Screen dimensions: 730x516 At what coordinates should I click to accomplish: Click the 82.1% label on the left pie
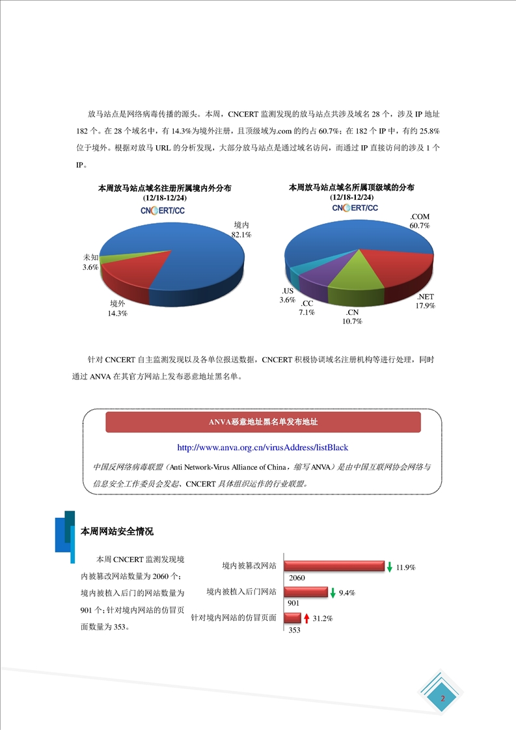241,234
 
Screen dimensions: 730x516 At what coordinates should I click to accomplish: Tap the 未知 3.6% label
90,262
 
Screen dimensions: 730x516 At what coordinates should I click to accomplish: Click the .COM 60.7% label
419,221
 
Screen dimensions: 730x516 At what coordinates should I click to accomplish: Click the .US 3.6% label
288,295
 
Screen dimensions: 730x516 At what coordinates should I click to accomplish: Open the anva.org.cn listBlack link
262,448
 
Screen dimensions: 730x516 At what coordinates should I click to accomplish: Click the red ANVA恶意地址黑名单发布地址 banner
263,422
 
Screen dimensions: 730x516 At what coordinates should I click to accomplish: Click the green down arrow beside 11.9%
389,567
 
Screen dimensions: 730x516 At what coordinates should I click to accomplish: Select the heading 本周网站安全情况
116,532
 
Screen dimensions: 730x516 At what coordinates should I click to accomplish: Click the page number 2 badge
443,699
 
